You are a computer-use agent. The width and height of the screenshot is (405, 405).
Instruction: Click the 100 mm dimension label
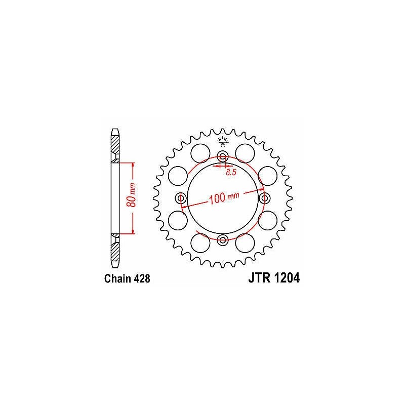pyautogui.click(x=224, y=198)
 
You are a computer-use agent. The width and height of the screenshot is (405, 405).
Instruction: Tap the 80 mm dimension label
pyautogui.click(x=132, y=195)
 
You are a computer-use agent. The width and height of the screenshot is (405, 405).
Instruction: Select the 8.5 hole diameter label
pyautogui.click(x=231, y=172)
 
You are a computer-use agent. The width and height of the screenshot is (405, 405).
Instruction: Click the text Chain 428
pyautogui.click(x=127, y=279)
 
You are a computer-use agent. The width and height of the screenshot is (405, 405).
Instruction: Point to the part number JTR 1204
pyautogui.click(x=274, y=278)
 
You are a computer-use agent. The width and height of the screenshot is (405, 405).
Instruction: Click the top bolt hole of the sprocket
pyautogui.click(x=223, y=156)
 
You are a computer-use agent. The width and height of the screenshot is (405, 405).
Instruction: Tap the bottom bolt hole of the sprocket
pyautogui.click(x=223, y=240)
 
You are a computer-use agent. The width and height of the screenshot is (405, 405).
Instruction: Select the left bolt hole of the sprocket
pyautogui.click(x=181, y=198)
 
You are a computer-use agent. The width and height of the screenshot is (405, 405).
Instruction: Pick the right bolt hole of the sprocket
pyautogui.click(x=264, y=198)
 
